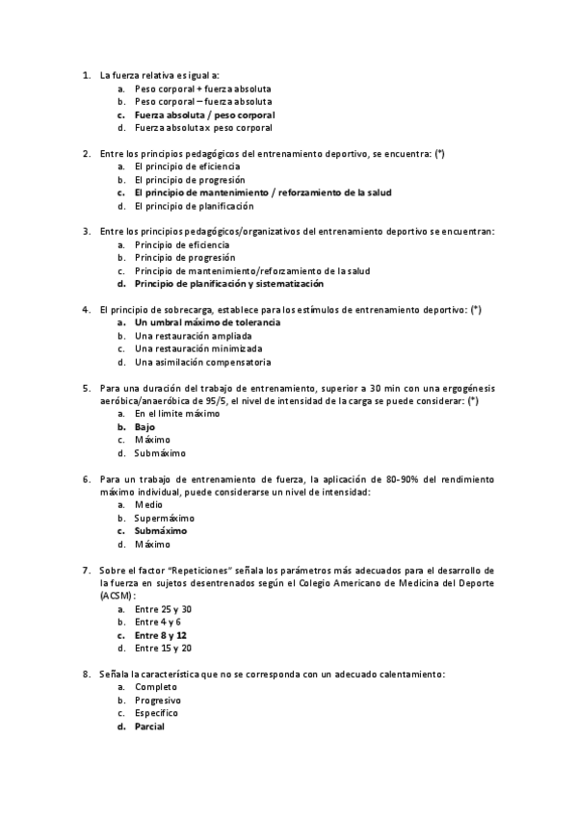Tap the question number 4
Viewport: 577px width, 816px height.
pyautogui.click(x=87, y=309)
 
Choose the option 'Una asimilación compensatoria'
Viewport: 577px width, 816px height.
pyautogui.click(x=189, y=363)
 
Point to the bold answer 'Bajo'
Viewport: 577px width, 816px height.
pyautogui.click(x=144, y=426)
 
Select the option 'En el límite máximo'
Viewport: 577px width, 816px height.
pyautogui.click(x=177, y=413)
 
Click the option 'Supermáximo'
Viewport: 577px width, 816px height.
pyautogui.click(x=164, y=518)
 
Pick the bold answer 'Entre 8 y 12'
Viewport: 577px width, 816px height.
pyautogui.click(x=161, y=635)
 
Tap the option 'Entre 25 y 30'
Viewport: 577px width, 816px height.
pyautogui.click(x=163, y=609)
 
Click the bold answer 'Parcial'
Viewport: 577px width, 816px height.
pyautogui.click(x=149, y=727)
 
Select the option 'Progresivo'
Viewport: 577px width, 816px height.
pyautogui.click(x=158, y=701)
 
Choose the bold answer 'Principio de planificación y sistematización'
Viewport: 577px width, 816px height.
pyautogui.click(x=229, y=284)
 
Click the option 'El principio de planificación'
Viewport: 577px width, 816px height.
pyautogui.click(x=195, y=206)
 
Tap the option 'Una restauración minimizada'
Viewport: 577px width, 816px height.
pyautogui.click(x=185, y=349)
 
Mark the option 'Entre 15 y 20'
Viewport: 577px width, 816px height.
pyautogui.click(x=163, y=649)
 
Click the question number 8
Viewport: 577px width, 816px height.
pyautogui.click(x=87, y=675)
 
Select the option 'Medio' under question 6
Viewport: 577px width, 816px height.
pyautogui.click(x=148, y=504)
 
